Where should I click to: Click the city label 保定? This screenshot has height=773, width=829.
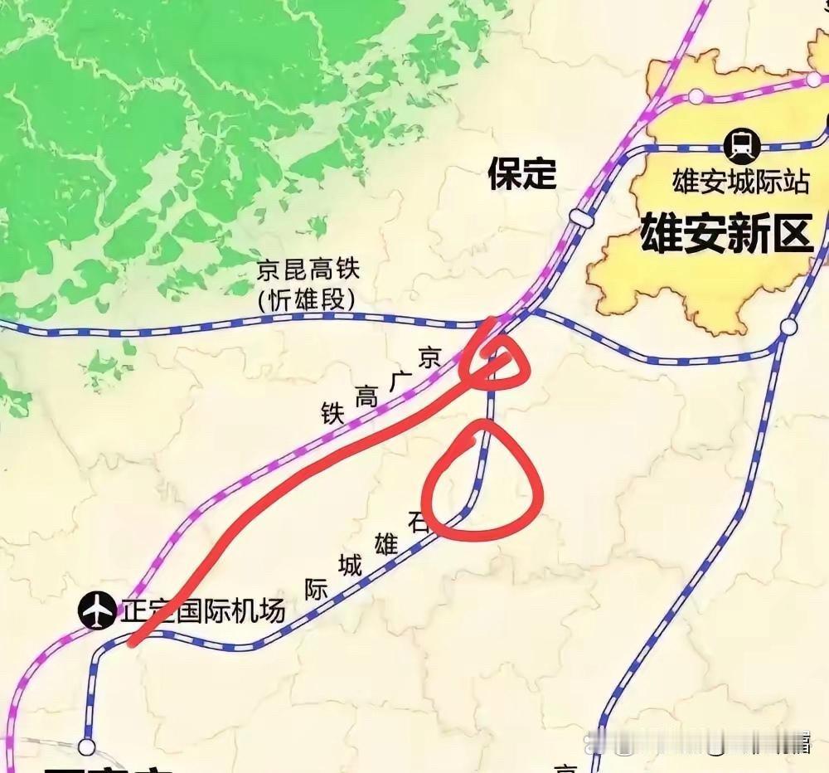click(521, 174)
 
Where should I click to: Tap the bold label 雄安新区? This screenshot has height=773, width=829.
click(725, 233)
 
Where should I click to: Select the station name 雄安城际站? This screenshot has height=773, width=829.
click(739, 182)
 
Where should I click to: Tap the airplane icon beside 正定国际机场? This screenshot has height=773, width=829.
click(98, 611)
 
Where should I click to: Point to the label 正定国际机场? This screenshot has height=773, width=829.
click(203, 612)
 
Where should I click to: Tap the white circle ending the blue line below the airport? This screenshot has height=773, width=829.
click(86, 746)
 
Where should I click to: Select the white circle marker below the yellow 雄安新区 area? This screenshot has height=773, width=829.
click(788, 327)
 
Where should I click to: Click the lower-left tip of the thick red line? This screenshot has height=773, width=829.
click(133, 641)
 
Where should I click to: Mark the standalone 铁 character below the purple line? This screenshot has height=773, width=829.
click(332, 414)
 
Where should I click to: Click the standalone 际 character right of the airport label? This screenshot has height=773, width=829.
click(315, 590)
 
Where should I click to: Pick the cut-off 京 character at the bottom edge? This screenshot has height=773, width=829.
click(566, 767)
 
